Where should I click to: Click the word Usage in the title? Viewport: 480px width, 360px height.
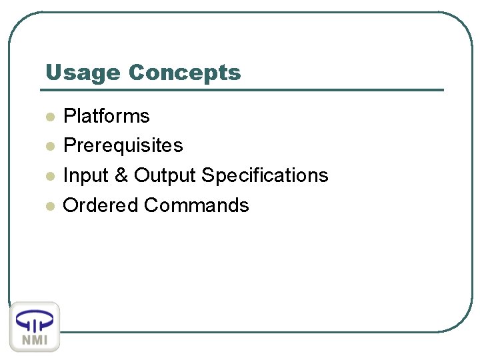click(83, 73)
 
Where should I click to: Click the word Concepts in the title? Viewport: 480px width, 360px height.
click(185, 73)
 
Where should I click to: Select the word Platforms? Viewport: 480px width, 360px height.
click(106, 116)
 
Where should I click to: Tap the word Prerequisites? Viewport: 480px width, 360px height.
click(123, 145)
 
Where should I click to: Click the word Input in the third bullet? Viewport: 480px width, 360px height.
click(85, 175)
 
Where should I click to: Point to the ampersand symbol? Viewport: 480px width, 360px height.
click(121, 175)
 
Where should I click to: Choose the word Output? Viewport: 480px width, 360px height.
click(165, 175)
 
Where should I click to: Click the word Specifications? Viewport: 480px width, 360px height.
click(265, 175)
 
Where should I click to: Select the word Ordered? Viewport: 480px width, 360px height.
click(101, 205)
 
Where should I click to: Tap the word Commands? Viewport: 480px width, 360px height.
click(197, 205)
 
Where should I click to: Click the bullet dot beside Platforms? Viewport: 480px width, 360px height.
click(49, 117)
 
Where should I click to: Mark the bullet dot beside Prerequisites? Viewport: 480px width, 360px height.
click(49, 147)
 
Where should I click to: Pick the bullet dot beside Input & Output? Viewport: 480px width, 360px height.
click(49, 177)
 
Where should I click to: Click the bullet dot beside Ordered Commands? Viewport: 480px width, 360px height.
click(49, 206)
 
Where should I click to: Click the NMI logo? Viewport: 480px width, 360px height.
click(35, 327)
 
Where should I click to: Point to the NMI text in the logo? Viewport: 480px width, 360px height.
click(35, 339)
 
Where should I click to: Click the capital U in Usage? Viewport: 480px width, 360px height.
click(53, 73)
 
